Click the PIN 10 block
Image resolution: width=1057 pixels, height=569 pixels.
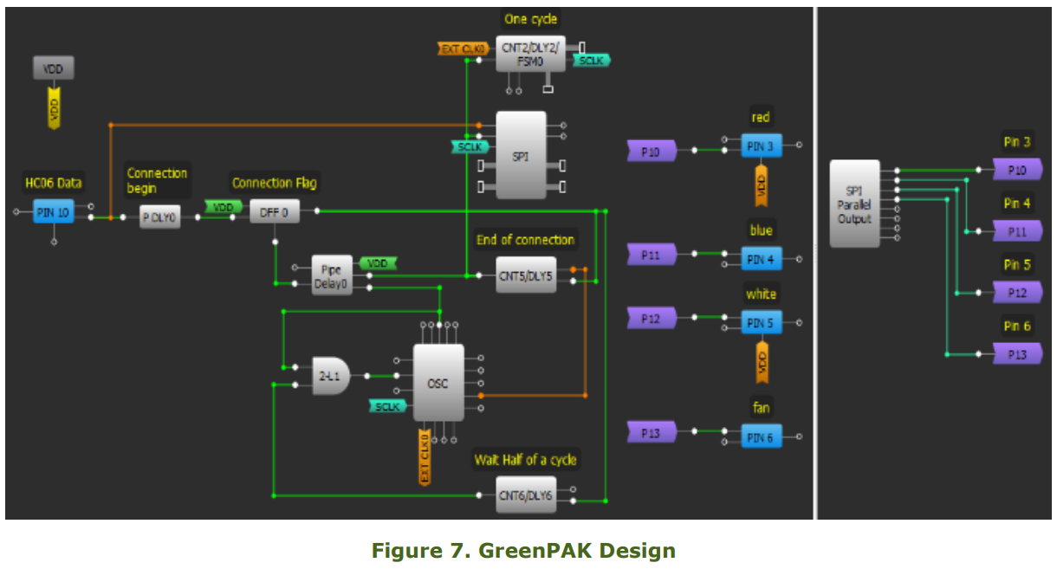click(x=53, y=210)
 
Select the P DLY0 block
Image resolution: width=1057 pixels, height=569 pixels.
click(x=160, y=217)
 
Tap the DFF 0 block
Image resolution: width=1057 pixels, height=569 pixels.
click(x=274, y=210)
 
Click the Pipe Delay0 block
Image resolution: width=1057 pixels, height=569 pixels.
click(x=332, y=275)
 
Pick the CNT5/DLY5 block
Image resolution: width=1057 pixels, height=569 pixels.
click(x=526, y=275)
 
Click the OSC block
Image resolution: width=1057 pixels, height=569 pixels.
click(x=438, y=383)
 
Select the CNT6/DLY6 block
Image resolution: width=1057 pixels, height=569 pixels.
click(x=526, y=495)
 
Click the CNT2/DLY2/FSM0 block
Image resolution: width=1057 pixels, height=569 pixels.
click(x=530, y=54)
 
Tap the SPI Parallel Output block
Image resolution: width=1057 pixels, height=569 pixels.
click(x=854, y=204)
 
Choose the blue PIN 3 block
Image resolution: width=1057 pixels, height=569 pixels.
click(x=761, y=145)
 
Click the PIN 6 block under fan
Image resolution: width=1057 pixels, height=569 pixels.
click(x=761, y=437)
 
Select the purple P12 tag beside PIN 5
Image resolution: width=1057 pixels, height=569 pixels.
click(x=651, y=319)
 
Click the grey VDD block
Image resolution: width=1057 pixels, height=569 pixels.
click(x=53, y=68)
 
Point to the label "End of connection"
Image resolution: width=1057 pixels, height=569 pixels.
click(x=525, y=240)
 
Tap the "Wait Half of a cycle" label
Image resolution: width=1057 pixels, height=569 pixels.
click(x=525, y=459)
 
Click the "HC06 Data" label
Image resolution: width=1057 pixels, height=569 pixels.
click(x=53, y=182)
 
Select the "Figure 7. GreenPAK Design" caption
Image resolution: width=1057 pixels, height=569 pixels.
click(x=523, y=550)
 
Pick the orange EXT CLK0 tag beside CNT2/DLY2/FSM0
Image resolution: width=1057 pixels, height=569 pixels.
click(x=462, y=49)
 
